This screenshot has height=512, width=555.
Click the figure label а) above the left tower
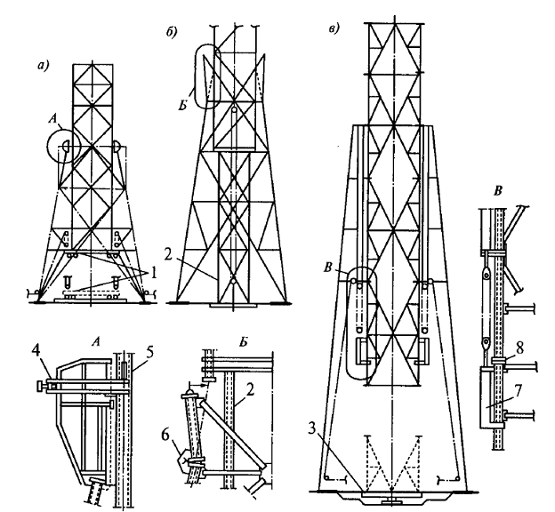coord(43,66)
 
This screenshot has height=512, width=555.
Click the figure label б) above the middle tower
coord(172,32)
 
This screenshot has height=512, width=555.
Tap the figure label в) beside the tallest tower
coord(334,28)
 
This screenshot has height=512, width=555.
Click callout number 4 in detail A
coord(36,353)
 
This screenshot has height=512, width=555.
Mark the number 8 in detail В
coord(519,349)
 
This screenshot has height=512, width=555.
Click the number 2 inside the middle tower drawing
coord(168,255)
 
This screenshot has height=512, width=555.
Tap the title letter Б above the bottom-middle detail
coord(243,342)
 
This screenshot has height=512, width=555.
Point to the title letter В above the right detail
coord(499,191)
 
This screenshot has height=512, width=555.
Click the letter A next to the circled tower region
coord(52,120)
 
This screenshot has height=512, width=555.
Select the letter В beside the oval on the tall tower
coord(328,268)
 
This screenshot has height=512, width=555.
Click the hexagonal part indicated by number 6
coord(184,460)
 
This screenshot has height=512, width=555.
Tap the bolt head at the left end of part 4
coord(38,387)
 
